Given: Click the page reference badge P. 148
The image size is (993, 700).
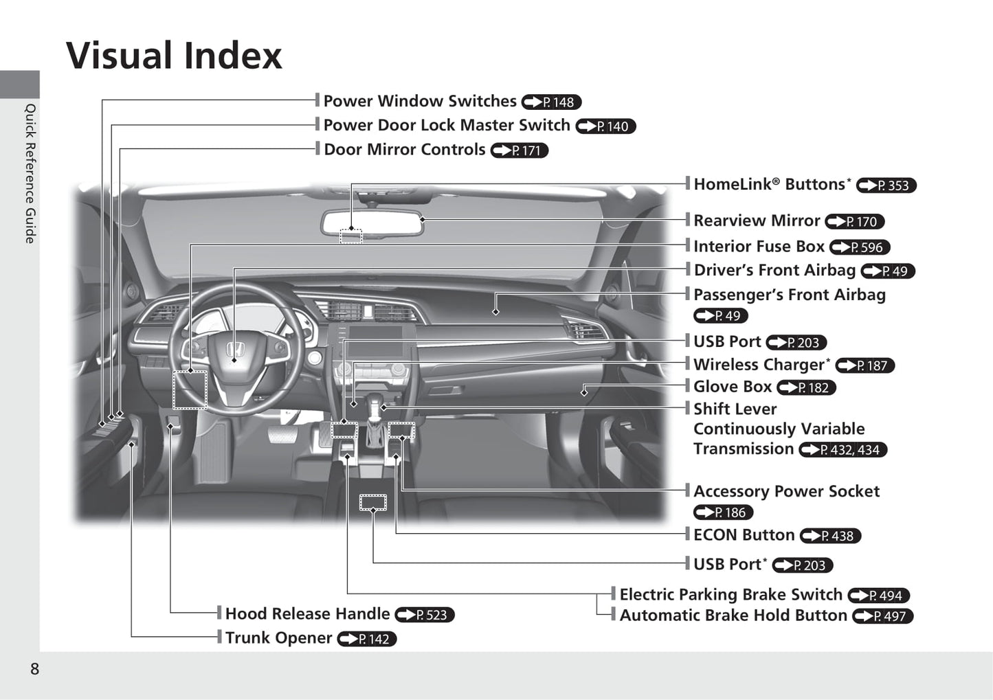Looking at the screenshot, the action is pyautogui.click(x=551, y=102).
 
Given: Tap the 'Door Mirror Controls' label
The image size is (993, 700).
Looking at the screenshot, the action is pyautogui.click(x=405, y=150).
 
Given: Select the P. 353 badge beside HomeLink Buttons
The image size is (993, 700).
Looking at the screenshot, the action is pyautogui.click(x=886, y=185).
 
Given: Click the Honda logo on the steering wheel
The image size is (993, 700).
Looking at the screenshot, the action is pyautogui.click(x=235, y=349).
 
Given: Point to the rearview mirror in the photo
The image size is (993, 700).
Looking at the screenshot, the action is pyautogui.click(x=372, y=223).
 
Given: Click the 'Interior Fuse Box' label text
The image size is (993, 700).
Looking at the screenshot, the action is pyautogui.click(x=759, y=247).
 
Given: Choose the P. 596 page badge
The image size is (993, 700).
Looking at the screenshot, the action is pyautogui.click(x=860, y=247).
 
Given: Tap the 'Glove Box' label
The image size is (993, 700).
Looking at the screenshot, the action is pyautogui.click(x=733, y=387).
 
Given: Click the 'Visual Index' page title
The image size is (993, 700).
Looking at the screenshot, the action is pyautogui.click(x=174, y=56).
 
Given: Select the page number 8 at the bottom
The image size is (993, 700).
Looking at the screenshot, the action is pyautogui.click(x=34, y=669).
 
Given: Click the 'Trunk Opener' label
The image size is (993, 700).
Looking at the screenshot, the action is pyautogui.click(x=278, y=638).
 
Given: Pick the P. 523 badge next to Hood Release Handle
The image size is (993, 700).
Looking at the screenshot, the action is pyautogui.click(x=425, y=615).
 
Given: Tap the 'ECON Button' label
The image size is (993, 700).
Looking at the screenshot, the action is pyautogui.click(x=744, y=535).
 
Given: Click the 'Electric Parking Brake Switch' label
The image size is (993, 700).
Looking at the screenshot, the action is pyautogui.click(x=731, y=595).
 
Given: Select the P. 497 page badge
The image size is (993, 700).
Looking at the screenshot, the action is pyautogui.click(x=883, y=616).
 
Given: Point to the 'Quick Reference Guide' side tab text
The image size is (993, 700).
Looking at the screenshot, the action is pyautogui.click(x=30, y=174).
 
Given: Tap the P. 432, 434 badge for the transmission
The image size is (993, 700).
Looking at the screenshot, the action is pyautogui.click(x=843, y=450).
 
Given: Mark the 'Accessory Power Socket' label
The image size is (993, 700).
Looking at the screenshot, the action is pyautogui.click(x=786, y=491).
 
